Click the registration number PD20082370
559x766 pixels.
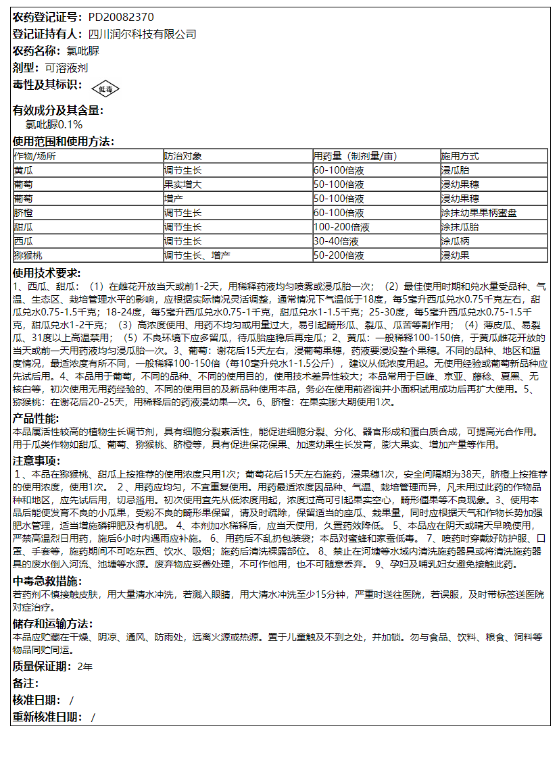click(120, 17)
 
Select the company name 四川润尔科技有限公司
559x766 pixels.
click(142, 34)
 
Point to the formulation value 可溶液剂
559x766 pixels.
click(66, 68)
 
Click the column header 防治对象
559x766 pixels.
click(183, 155)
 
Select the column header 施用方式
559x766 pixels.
click(460, 155)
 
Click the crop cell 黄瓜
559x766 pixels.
click(23, 170)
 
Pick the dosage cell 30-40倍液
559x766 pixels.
click(336, 241)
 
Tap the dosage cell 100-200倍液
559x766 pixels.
click(341, 227)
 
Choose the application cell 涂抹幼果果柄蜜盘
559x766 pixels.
click(479, 213)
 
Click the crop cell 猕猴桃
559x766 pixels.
click(28, 255)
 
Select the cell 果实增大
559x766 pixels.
click(183, 184)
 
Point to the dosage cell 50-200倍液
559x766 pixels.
click(339, 255)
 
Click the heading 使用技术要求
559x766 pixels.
click(47, 273)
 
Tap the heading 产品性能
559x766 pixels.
click(36, 418)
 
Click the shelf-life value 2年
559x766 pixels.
click(85, 667)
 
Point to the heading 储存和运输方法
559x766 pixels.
click(53, 623)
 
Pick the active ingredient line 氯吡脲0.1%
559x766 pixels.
click(54, 125)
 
